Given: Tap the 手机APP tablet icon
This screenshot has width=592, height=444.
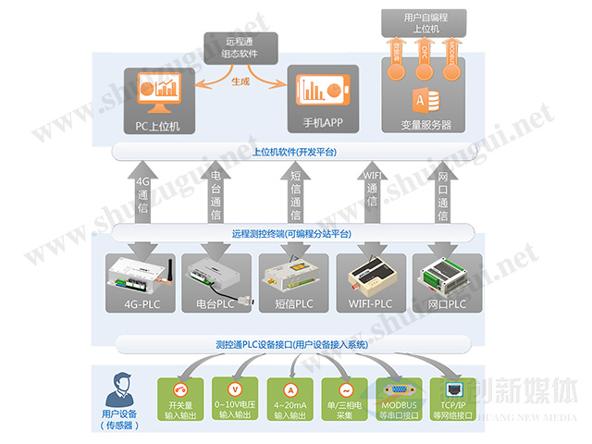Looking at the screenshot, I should coord(319,91).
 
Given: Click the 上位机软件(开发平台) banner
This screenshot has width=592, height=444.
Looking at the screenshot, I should coord(294,152).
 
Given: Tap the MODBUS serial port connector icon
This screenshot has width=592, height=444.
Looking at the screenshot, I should coord(399,390).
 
